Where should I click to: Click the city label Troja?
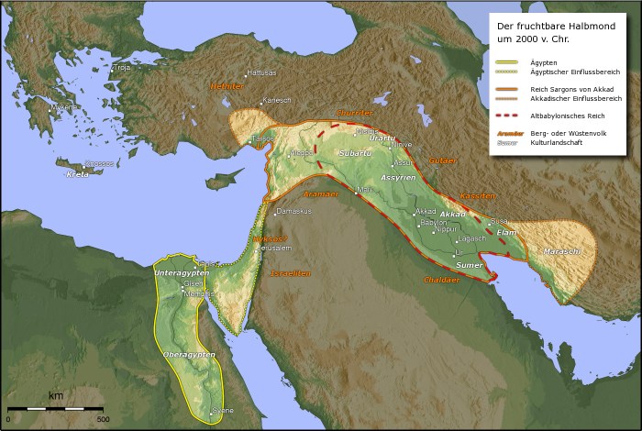pos(121,68)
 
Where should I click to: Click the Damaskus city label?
pos(294,211)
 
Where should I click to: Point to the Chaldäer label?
pos(441,279)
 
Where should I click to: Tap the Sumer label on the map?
pos(469,264)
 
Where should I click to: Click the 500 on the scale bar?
pos(103,418)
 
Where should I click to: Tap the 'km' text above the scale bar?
pos(56,396)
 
